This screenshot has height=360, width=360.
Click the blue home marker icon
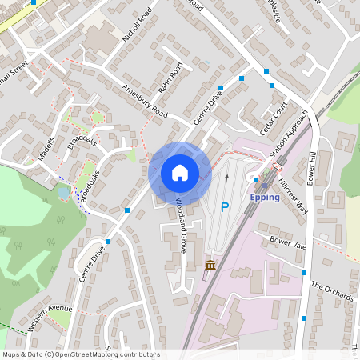179,173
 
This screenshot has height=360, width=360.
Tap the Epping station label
264,197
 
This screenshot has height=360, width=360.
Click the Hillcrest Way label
292,193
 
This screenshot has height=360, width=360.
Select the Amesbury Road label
144,100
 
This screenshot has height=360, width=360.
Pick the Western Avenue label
49,318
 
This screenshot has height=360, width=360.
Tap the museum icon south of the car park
210,265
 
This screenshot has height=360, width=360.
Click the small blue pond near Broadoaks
62,192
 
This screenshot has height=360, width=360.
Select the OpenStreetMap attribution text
81,354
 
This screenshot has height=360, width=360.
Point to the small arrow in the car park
226,178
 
